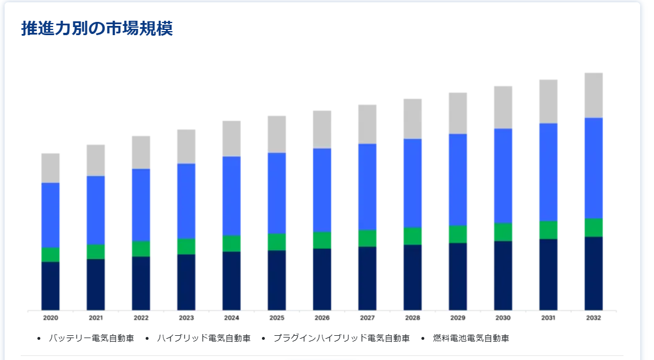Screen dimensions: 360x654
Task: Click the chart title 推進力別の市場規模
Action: pyautogui.click(x=97, y=29)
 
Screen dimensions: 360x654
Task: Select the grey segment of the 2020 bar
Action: pyautogui.click(x=51, y=168)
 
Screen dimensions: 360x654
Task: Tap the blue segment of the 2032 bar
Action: pyautogui.click(x=594, y=168)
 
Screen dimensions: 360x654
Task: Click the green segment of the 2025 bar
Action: pyautogui.click(x=277, y=242)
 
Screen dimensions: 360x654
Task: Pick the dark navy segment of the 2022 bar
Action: pyautogui.click(x=141, y=283)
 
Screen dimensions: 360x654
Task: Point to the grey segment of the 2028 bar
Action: pyautogui.click(x=413, y=119)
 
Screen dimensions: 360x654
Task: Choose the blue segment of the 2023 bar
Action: pyautogui.click(x=187, y=201)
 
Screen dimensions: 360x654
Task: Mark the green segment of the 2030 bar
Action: pyautogui.click(x=503, y=232)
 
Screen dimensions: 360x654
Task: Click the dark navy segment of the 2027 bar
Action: pyautogui.click(x=367, y=278)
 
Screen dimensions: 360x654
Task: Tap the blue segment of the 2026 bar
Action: pyautogui.click(x=322, y=190)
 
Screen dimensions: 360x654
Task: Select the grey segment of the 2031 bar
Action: pyautogui.click(x=549, y=101)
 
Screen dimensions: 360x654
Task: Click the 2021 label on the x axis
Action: pyautogui.click(x=96, y=318)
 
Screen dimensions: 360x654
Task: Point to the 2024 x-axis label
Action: pyautogui.click(x=231, y=318)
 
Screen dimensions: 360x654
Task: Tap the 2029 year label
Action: pyautogui.click(x=458, y=318)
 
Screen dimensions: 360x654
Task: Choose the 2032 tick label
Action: pyautogui.click(x=594, y=318)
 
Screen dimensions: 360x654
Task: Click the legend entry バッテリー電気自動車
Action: pyautogui.click(x=92, y=338)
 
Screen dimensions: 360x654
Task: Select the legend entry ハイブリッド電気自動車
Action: pyautogui.click(x=204, y=338)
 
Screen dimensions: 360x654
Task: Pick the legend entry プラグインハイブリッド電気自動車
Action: pyautogui.click(x=341, y=338)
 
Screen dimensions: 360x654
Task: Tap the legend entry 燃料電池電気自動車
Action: pyautogui.click(x=471, y=338)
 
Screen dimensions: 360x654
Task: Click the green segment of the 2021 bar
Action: pyautogui.click(x=96, y=252)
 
